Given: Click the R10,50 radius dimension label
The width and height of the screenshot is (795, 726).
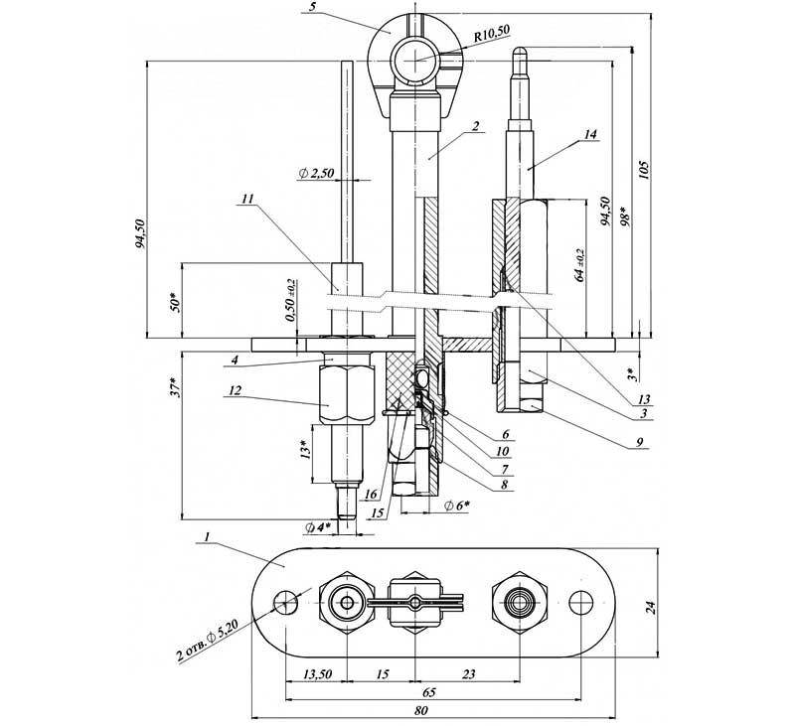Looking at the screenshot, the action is [491, 34].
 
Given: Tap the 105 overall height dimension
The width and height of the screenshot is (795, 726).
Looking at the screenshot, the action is [644, 170].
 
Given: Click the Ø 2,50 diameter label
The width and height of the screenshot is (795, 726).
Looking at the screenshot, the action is [316, 173].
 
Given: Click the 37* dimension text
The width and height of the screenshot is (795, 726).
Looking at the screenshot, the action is [175, 386].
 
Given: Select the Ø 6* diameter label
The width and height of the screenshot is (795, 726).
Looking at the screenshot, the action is [456, 505].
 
